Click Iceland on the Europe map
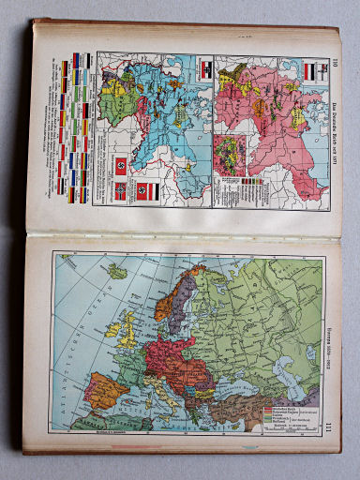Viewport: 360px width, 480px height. point(116,272)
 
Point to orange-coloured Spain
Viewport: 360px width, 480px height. point(104,389)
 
